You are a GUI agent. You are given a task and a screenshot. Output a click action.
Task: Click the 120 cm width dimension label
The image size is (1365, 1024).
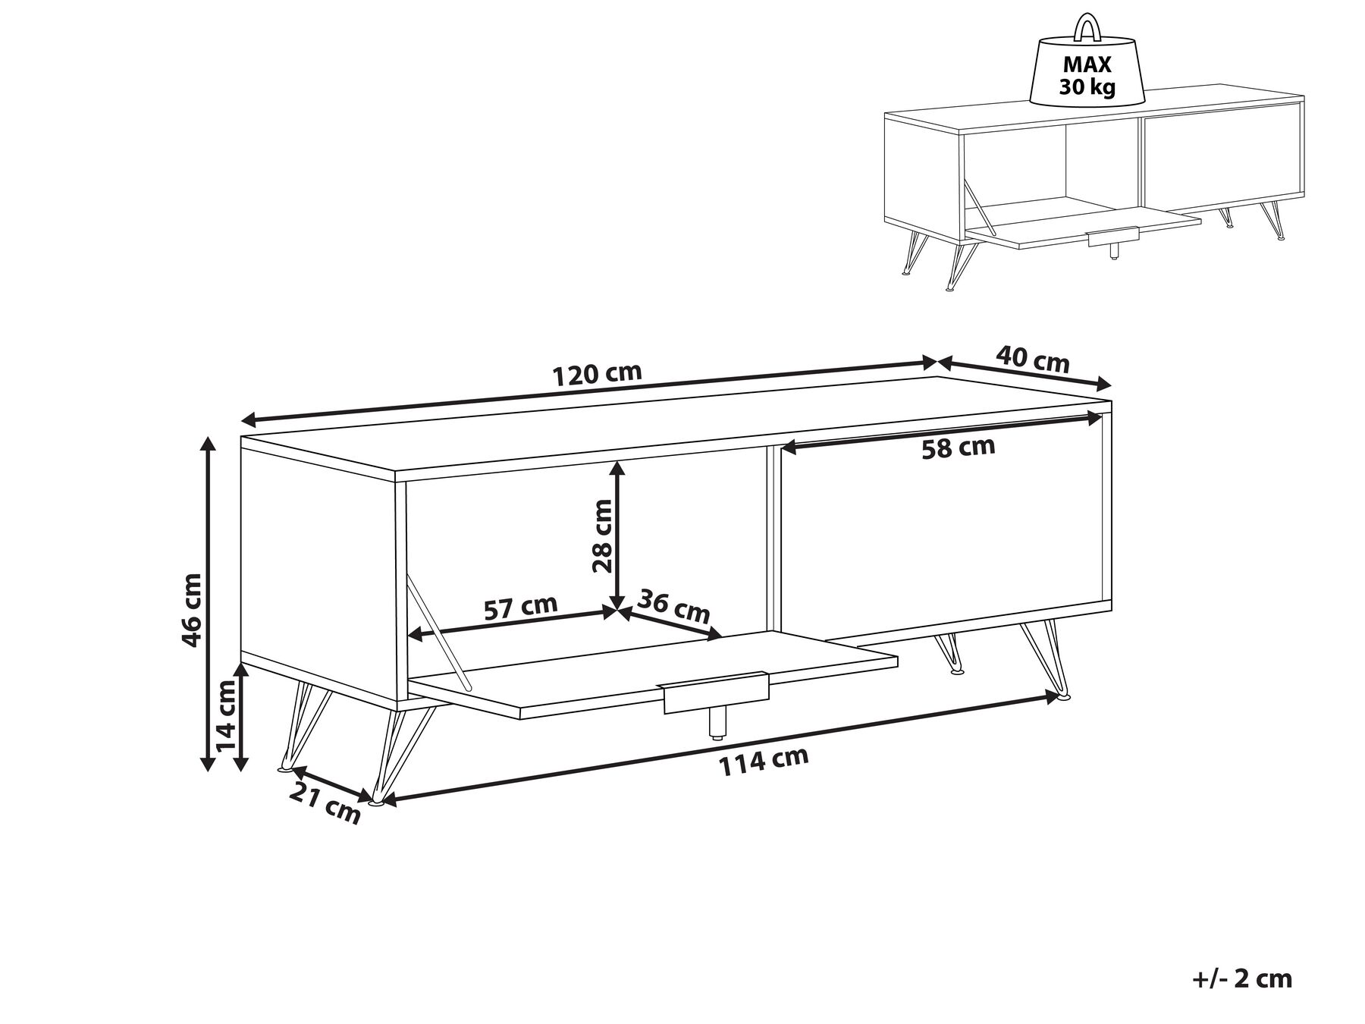[598, 374]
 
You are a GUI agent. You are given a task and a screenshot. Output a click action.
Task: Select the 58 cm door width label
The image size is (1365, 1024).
[958, 448]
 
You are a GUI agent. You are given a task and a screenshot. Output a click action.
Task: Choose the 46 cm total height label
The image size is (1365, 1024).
[192, 609]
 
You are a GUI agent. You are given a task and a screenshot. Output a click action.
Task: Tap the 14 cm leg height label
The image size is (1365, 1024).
[226, 715]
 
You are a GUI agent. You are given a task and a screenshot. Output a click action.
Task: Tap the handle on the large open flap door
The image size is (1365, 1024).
[716, 692]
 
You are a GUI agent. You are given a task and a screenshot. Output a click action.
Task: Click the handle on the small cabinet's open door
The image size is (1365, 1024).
[1113, 237]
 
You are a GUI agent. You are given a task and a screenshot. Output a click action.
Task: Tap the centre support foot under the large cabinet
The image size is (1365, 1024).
[714, 724]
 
